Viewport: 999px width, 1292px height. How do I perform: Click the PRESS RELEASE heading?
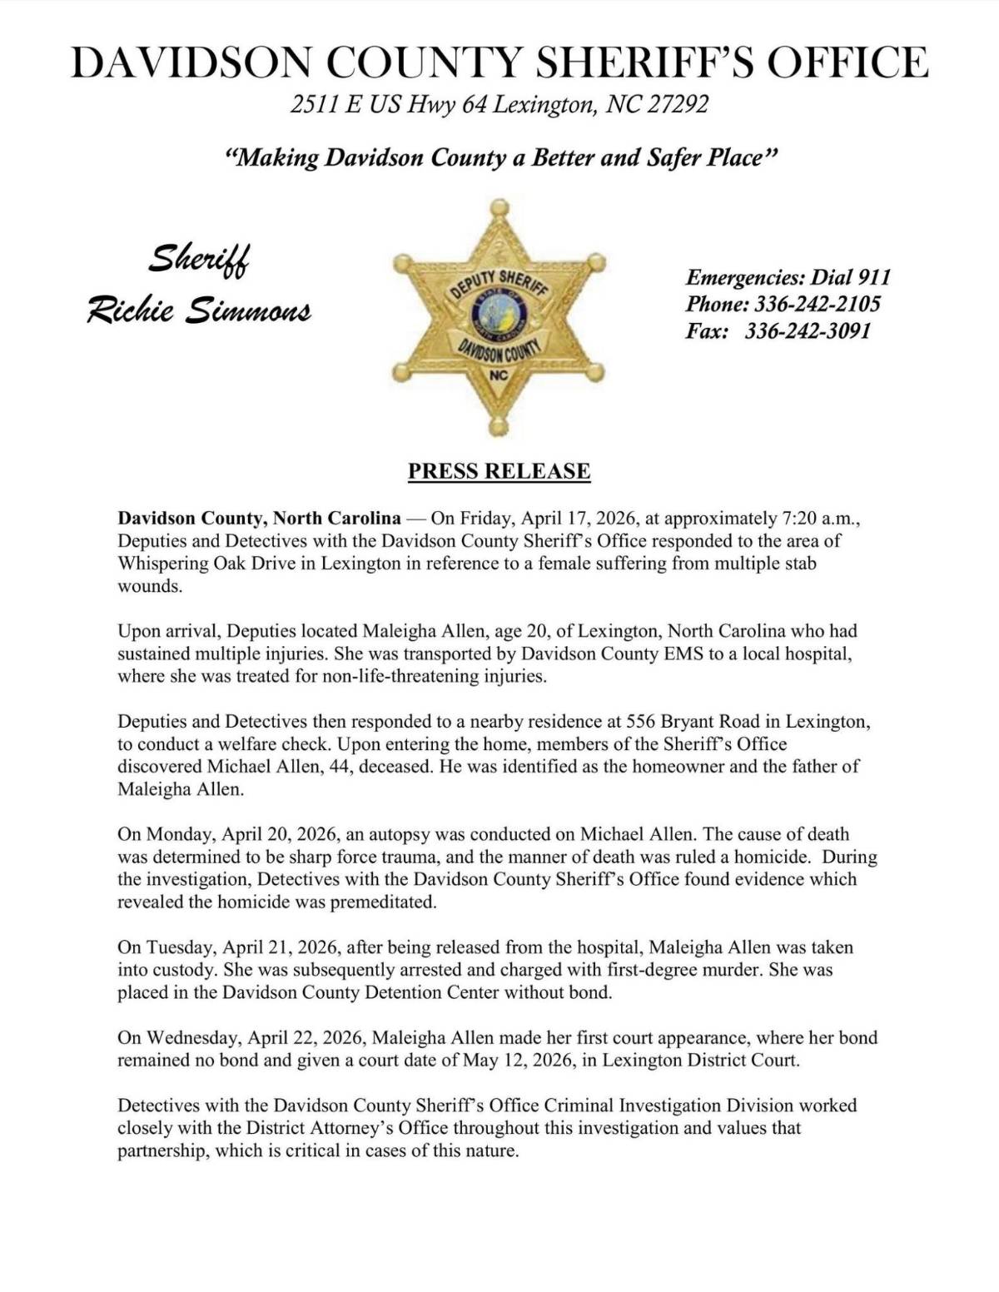pyautogui.click(x=499, y=471)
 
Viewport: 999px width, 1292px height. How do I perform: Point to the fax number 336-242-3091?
pyautogui.click(x=808, y=331)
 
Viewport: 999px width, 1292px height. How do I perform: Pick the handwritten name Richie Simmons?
pyautogui.click(x=199, y=311)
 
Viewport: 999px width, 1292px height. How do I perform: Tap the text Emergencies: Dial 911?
pyautogui.click(x=788, y=277)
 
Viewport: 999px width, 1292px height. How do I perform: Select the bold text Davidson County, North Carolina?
pyautogui.click(x=259, y=519)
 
